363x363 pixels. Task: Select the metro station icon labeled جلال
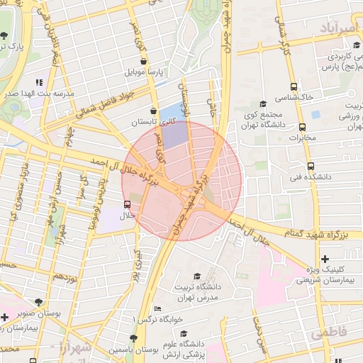(x=127, y=204)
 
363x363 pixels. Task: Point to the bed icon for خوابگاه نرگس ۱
(x=157, y=309)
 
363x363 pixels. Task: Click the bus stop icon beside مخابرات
(x=303, y=128)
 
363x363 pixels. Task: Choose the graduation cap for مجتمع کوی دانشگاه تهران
(x=262, y=104)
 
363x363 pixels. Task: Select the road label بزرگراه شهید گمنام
(x=291, y=233)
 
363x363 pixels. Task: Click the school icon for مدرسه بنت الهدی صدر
(x=49, y=82)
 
